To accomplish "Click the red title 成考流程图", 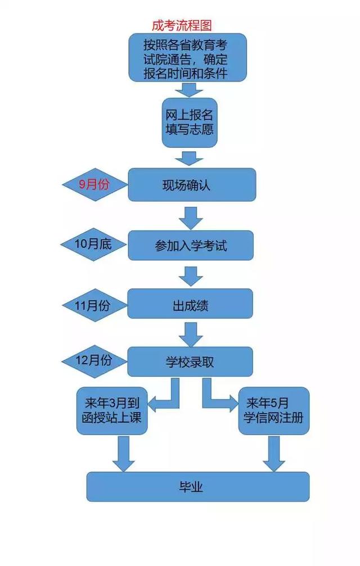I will pos(181,25).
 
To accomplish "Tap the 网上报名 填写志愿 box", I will pos(189,123).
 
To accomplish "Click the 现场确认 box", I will pos(191,184).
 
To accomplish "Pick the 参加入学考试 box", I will pos(191,246).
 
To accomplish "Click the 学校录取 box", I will pos(190,362).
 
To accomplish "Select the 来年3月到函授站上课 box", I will pos(112,411).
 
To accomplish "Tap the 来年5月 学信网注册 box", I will pos(274,411).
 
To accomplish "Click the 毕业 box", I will pos(197,487).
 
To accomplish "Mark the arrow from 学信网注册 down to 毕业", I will pos(274,453).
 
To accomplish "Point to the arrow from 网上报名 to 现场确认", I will pos(189,156).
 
